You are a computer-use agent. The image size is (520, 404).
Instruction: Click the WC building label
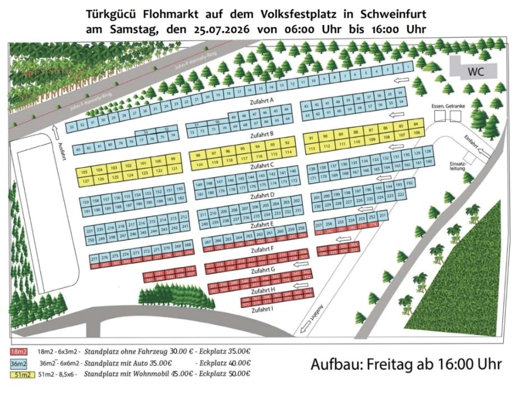pos(476,71)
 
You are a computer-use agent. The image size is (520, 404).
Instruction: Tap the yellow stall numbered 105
pos(84,171)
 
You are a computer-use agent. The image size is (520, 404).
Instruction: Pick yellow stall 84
pos(416,123)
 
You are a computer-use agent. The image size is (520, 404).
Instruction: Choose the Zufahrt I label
pos(262,310)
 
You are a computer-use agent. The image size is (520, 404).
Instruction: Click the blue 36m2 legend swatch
pos(20,362)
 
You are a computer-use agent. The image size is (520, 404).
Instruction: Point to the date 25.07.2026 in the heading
pos(213,29)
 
